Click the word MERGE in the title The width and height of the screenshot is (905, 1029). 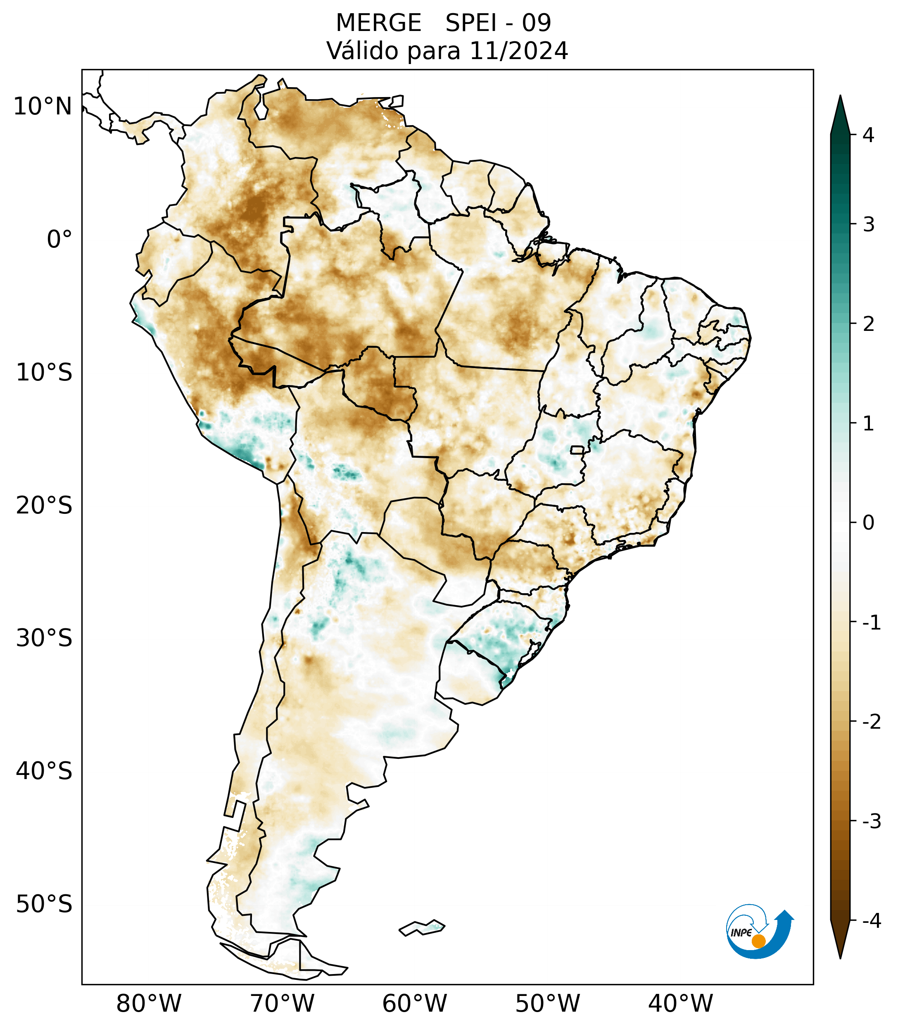click(x=378, y=23)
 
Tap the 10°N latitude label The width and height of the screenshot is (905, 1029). click(x=43, y=107)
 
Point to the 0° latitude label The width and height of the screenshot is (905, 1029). click(x=59, y=240)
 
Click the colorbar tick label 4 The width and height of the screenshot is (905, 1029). click(x=868, y=135)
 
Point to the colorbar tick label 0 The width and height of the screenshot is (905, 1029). click(x=868, y=523)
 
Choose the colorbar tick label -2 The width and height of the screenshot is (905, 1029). click(x=871, y=722)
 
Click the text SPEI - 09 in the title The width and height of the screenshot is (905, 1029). click(x=498, y=23)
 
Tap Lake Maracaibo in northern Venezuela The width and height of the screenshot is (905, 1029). click(x=261, y=107)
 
